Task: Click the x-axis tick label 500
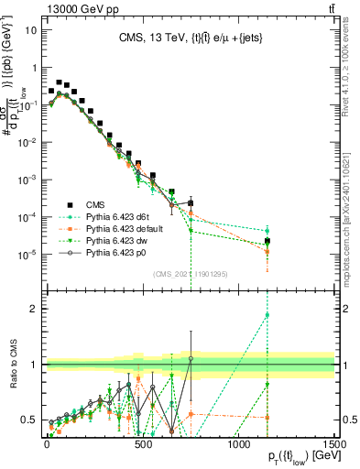point(143,443)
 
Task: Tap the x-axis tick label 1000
point(238,443)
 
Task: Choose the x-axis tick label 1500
point(334,443)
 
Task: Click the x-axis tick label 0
point(47,443)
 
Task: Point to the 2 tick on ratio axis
point(34,309)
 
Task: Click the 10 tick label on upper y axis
point(30,29)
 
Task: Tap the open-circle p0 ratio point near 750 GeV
point(191,358)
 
